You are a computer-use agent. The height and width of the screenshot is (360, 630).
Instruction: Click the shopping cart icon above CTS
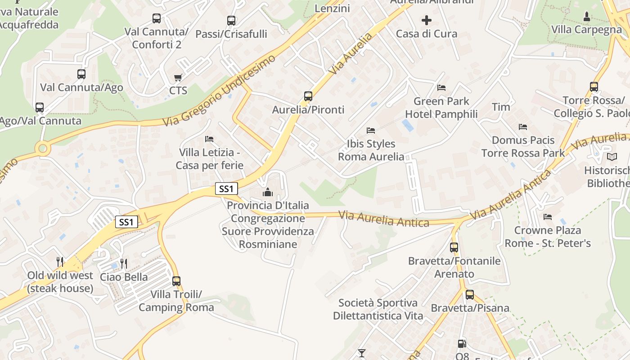(x=178, y=78)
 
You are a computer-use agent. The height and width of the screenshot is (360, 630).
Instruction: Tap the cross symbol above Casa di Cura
(x=426, y=20)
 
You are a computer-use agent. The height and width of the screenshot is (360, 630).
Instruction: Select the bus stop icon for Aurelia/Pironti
(x=308, y=96)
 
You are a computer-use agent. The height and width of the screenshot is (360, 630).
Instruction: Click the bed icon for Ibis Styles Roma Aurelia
(x=371, y=130)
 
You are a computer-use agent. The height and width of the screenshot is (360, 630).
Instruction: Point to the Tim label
(x=501, y=107)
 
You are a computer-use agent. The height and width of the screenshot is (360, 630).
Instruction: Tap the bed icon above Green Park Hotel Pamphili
(x=441, y=87)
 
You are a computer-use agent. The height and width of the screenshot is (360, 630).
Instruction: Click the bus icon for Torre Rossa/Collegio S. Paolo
(x=594, y=86)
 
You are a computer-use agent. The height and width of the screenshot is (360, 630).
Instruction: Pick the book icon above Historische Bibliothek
(x=612, y=157)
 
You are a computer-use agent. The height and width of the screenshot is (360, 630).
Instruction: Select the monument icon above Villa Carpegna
(x=587, y=17)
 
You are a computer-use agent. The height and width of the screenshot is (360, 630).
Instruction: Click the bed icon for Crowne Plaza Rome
(x=548, y=216)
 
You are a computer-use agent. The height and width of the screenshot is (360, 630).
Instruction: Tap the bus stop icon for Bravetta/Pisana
(x=470, y=295)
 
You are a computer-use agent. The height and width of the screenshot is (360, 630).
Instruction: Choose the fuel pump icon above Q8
(x=462, y=344)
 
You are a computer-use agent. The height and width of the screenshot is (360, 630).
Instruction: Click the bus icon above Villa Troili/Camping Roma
(x=176, y=281)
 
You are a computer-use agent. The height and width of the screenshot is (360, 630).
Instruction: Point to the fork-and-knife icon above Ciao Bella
(x=124, y=263)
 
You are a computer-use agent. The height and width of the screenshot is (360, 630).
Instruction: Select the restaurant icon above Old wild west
(x=60, y=261)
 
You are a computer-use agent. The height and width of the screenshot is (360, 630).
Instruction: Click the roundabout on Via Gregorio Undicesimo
(x=43, y=148)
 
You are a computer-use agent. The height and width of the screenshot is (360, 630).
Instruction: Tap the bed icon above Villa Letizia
(x=209, y=139)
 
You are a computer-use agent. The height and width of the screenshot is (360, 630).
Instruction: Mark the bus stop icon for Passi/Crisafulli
(x=231, y=20)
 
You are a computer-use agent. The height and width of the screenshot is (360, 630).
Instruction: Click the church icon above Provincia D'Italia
(x=268, y=193)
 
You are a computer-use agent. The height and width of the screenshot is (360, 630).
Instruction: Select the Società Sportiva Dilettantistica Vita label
(x=378, y=309)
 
